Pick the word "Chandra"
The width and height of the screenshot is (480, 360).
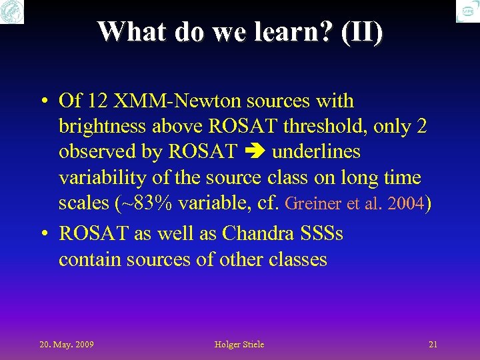click(257, 234)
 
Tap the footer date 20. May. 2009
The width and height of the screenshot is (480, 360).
click(66, 345)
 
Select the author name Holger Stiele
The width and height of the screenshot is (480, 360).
click(239, 345)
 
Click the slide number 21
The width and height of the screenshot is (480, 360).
click(433, 345)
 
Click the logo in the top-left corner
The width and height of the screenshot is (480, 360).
click(11, 11)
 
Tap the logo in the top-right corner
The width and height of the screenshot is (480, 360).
click(467, 11)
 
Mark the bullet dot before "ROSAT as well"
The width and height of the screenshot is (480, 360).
click(42, 235)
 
